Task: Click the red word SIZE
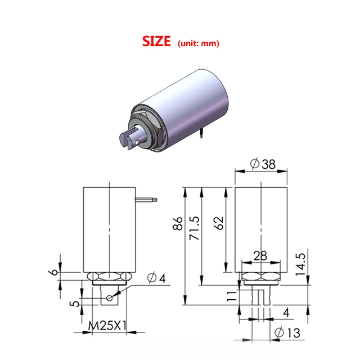coord(156,42)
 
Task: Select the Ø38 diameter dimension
coord(261,164)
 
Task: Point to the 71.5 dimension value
coord(195,227)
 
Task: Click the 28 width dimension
coord(260,256)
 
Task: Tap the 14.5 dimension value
coord(301,262)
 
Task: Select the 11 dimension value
coord(231,297)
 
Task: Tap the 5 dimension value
coord(72,304)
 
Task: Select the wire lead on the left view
coord(147,199)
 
